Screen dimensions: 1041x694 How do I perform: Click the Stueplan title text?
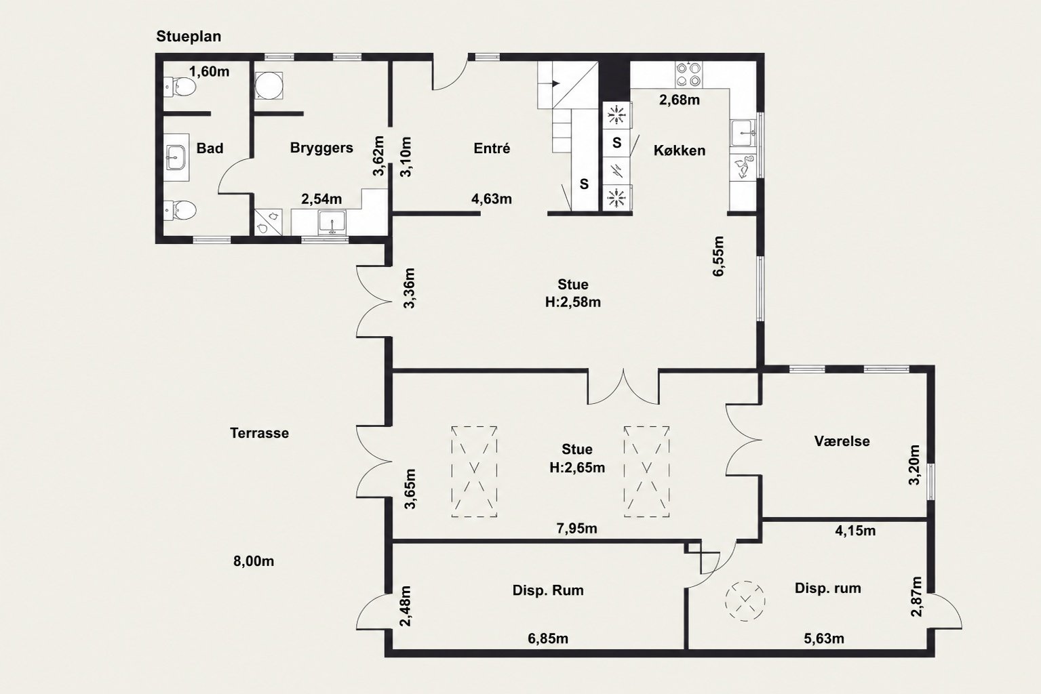tap(189, 37)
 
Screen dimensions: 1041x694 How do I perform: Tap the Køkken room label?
tap(680, 150)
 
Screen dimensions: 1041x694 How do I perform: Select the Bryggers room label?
tap(321, 148)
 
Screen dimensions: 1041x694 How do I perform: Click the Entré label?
tap(492, 148)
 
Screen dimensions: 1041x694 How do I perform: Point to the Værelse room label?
tap(842, 441)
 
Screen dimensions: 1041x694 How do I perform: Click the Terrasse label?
tap(259, 433)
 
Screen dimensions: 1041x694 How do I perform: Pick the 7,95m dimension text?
tap(576, 528)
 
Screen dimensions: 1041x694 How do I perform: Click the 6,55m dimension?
tap(718, 256)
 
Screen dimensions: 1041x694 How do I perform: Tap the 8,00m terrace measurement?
tap(253, 561)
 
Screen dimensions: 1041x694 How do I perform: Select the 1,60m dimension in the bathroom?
tap(209, 72)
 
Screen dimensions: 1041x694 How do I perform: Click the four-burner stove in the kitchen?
tap(688, 75)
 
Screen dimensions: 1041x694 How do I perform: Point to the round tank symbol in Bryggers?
tap(269, 85)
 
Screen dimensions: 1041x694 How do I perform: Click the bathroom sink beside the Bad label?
tap(176, 157)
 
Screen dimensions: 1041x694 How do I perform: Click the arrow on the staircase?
tap(555, 83)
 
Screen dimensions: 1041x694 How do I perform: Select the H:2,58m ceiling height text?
tap(572, 302)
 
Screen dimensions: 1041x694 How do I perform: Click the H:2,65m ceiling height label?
tap(576, 468)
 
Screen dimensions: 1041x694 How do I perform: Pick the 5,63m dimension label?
tap(824, 638)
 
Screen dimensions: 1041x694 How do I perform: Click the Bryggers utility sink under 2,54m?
tap(332, 223)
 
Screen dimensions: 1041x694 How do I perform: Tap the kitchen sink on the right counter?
tap(743, 133)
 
